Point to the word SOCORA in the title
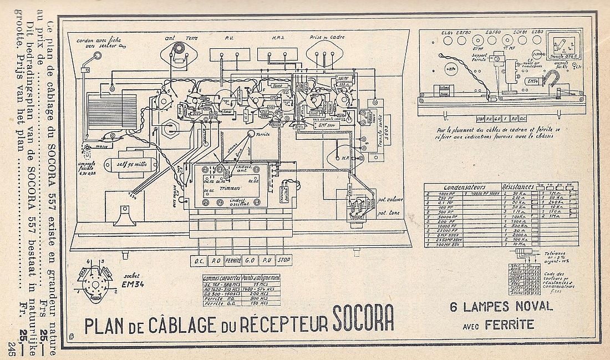click(x=363, y=320)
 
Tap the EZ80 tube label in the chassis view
click(x=537, y=32)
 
